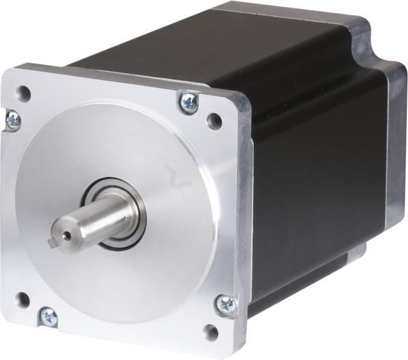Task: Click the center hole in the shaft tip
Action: point(66,235)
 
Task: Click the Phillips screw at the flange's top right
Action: point(188,101)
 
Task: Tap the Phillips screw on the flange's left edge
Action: point(11,120)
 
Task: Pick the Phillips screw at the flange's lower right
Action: point(226,304)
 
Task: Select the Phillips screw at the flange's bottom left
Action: point(47,316)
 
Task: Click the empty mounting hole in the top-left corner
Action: point(23,93)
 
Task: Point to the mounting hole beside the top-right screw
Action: point(214,121)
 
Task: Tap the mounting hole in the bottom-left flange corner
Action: point(22,299)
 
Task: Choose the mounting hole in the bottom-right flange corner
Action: point(211,332)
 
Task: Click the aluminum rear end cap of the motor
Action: point(393,150)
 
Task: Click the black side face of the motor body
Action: point(312,180)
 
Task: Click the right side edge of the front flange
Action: point(246,210)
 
